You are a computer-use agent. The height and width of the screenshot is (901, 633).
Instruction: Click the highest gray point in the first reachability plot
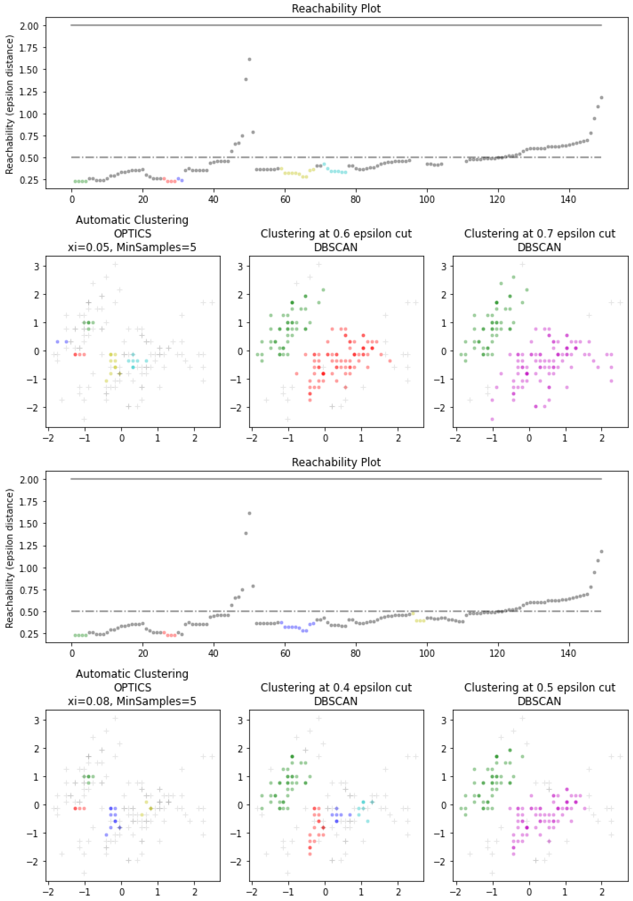click(x=249, y=59)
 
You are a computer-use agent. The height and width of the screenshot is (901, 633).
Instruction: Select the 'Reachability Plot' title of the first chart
click(x=336, y=9)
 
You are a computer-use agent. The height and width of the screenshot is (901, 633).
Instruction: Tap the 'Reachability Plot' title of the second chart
click(x=336, y=462)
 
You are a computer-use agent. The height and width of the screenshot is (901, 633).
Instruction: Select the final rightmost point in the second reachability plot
click(x=601, y=551)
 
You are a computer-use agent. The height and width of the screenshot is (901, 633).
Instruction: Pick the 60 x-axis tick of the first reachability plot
click(x=285, y=199)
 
